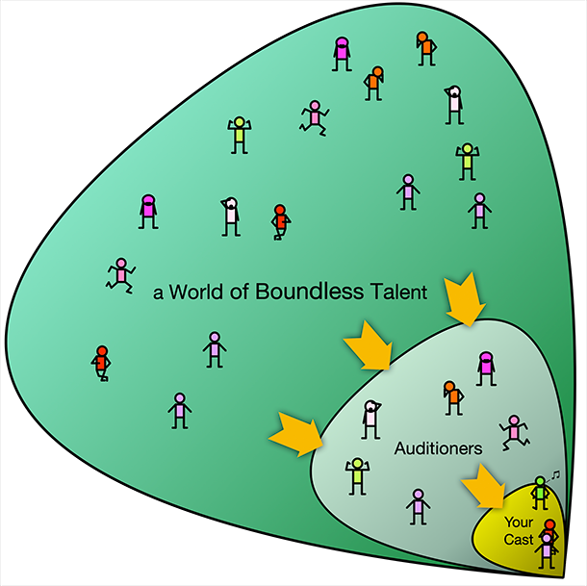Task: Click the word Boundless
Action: [309, 292]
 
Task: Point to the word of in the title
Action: [240, 292]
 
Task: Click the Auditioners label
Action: [439, 448]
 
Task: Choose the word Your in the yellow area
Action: [519, 522]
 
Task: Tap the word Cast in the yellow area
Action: [519, 540]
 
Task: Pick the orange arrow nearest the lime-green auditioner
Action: [296, 434]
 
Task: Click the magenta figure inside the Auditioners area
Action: [486, 369]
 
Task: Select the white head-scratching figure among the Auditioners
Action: [371, 420]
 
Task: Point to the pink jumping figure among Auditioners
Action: [514, 432]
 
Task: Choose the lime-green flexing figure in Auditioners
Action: [358, 476]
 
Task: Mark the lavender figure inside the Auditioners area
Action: [419, 506]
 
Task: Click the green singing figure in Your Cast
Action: [540, 493]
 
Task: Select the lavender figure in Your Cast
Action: [547, 550]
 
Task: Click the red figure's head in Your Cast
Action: [549, 524]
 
